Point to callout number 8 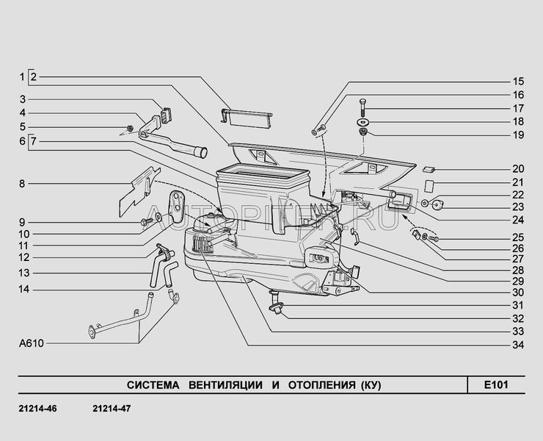[23, 183]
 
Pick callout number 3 [23, 99]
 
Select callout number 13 [23, 272]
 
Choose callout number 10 [23, 233]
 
